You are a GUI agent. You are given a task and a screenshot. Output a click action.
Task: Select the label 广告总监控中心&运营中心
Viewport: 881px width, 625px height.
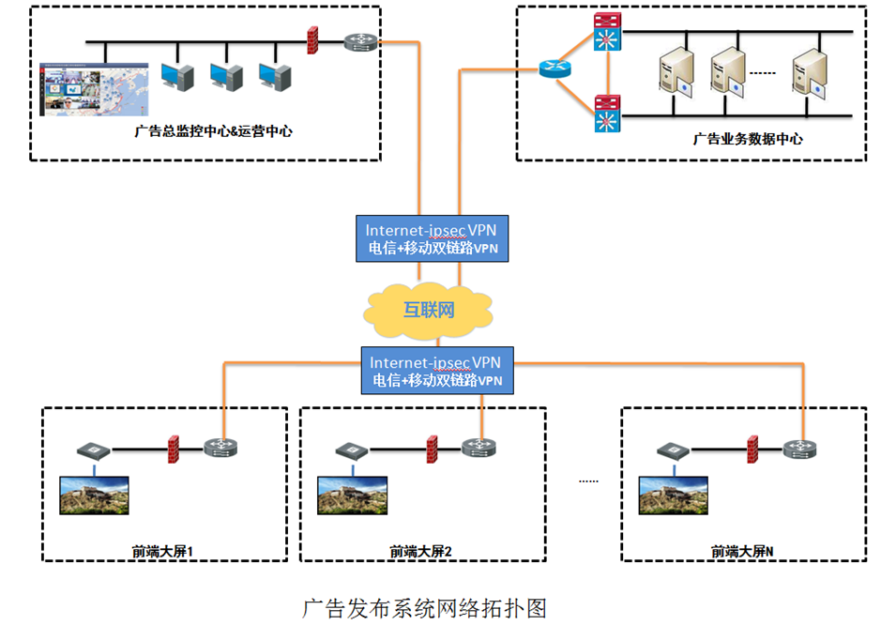[x=213, y=131]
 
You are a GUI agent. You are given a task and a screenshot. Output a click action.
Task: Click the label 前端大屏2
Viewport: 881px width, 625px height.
[x=420, y=551]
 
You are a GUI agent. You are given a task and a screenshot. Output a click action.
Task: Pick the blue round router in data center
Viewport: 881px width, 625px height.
[x=553, y=68]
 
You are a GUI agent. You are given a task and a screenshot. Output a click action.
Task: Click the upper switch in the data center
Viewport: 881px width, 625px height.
[x=606, y=33]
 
